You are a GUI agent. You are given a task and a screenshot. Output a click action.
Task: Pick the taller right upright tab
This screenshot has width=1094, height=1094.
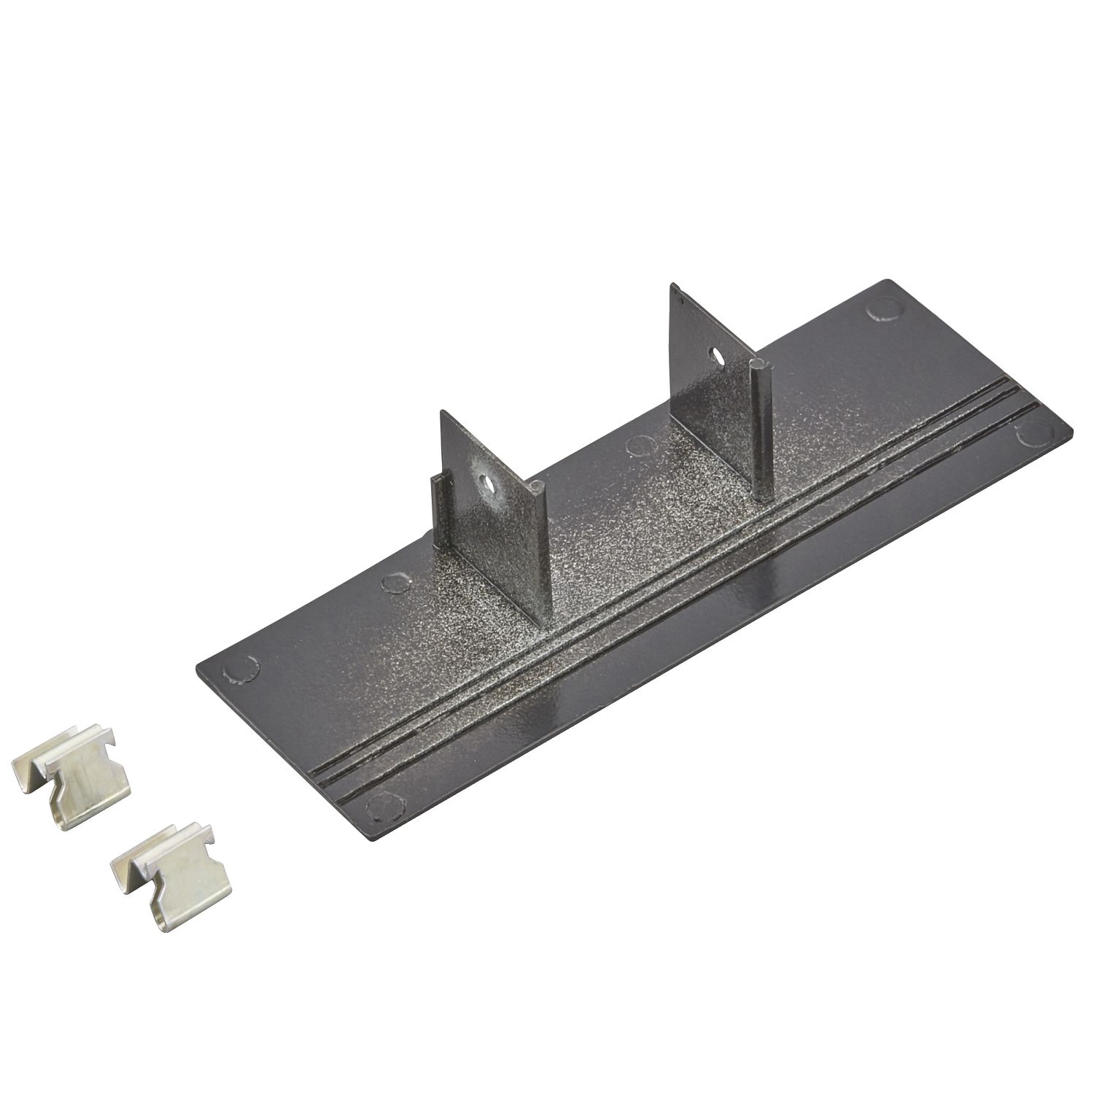[x=711, y=387]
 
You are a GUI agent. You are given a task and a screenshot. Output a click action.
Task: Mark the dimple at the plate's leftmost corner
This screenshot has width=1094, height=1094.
[x=241, y=669]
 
